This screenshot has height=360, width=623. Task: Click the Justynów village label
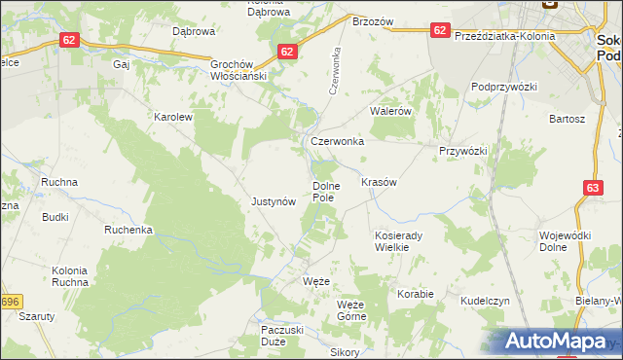[273, 202]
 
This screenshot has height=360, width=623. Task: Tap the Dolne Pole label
[323, 191]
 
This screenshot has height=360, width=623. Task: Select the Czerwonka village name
[337, 141]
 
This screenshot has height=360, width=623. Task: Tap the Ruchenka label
[129, 231]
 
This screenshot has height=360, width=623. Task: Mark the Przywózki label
[462, 151]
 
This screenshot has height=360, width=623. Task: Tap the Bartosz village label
[567, 119]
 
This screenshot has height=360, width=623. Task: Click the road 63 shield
[594, 188]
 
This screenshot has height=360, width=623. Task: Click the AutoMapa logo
[558, 341]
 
